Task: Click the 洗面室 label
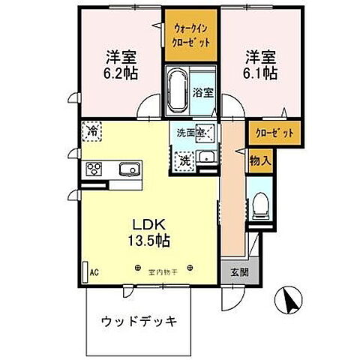pyautogui.click(x=190, y=133)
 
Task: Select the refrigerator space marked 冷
pyautogui.click(x=91, y=130)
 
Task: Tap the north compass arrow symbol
pyautogui.click(x=290, y=302)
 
